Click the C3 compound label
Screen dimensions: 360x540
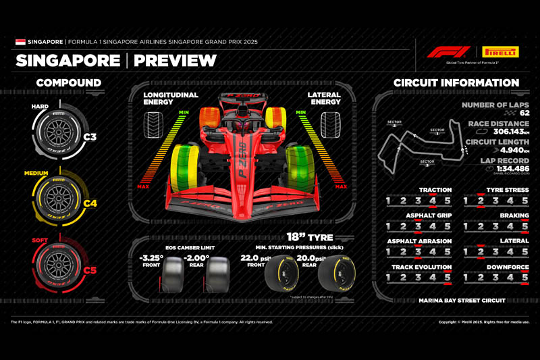click(x=90, y=137)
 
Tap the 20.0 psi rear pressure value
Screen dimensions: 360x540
click(x=313, y=258)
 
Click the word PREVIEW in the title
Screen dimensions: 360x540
click(x=175, y=61)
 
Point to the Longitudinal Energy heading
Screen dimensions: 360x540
click(x=171, y=99)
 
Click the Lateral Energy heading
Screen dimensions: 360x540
click(x=323, y=99)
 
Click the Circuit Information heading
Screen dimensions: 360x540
click(x=456, y=83)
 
